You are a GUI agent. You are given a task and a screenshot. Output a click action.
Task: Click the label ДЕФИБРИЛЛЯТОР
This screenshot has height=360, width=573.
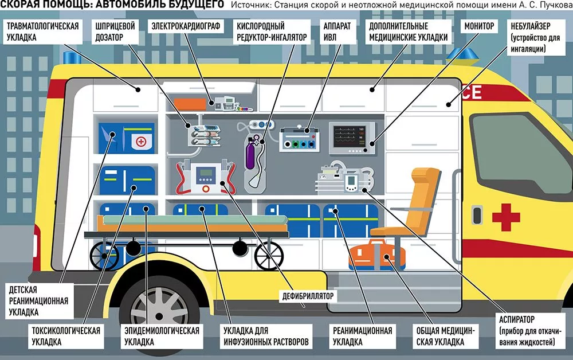tap(308, 296)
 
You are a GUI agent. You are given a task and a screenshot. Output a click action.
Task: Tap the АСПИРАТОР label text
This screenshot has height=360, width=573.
tap(517, 319)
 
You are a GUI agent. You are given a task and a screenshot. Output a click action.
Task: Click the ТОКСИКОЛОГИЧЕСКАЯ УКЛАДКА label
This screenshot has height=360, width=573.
tap(66, 336)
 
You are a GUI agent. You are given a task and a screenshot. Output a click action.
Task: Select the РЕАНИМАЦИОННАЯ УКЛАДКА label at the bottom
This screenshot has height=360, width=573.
tap(362, 336)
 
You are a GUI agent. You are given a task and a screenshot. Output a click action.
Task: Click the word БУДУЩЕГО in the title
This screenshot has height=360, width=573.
tap(190, 6)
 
